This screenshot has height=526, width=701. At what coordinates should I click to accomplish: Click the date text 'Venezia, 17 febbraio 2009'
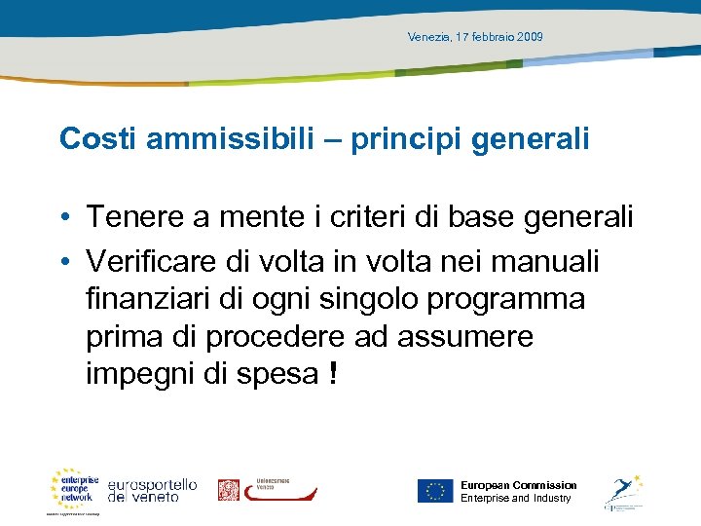475,37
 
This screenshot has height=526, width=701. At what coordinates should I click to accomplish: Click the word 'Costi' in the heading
98,138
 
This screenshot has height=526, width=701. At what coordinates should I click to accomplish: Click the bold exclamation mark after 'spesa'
333,373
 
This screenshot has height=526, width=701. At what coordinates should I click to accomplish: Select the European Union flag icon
434,490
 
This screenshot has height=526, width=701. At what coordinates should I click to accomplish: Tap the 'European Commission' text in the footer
518,485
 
